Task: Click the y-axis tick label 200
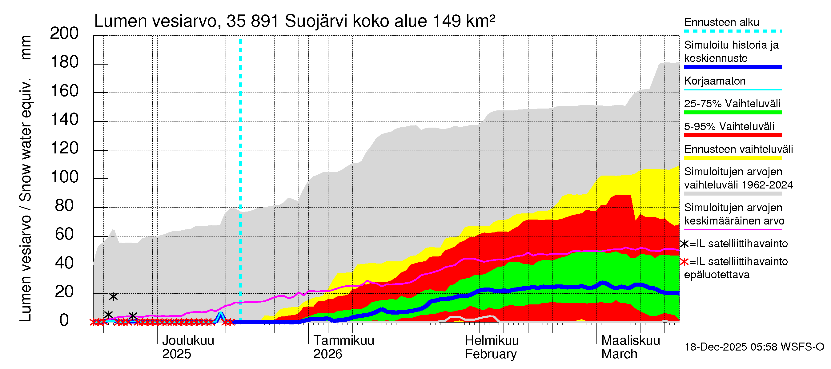pyautogui.click(x=64, y=33)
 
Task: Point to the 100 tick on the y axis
pyautogui.click(x=64, y=177)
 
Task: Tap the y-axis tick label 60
pyautogui.click(x=64, y=234)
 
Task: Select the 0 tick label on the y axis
pyautogui.click(x=64, y=320)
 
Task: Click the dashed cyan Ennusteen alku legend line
pyautogui.click(x=733, y=31)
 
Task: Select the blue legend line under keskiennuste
pyautogui.click(x=733, y=67)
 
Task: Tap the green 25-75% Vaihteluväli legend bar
pyautogui.click(x=733, y=113)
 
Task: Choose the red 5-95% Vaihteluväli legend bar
pyautogui.click(x=733, y=135)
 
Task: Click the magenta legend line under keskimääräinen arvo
pyautogui.click(x=733, y=229)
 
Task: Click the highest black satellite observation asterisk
pyautogui.click(x=113, y=296)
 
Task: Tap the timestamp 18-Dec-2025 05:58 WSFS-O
pyautogui.click(x=754, y=347)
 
